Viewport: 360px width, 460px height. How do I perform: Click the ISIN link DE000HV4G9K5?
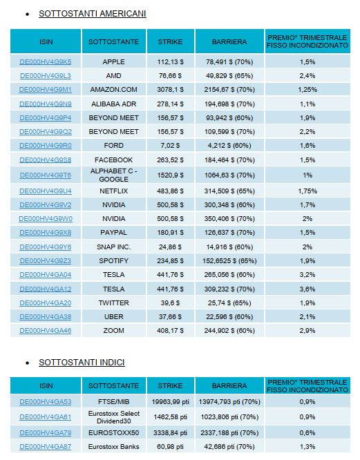pyautogui.click(x=46, y=62)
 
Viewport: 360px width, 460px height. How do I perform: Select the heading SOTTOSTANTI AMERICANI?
pyautogui.click(x=93, y=14)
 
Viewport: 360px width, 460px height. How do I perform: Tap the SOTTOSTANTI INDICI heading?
pyautogui.click(x=82, y=363)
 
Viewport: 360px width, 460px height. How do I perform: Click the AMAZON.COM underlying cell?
pyautogui.click(x=113, y=90)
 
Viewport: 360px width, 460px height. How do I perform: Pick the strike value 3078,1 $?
pyautogui.click(x=170, y=90)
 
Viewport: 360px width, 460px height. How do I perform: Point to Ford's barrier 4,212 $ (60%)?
pyautogui.click(x=229, y=146)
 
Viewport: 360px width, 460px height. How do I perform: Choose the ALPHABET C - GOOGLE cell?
pyautogui.click(x=113, y=175)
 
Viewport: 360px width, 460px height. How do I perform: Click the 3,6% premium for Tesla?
pyautogui.click(x=307, y=289)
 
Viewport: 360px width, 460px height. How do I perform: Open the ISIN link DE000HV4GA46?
pyautogui.click(x=46, y=331)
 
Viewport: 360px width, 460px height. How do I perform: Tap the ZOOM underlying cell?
pyautogui.click(x=113, y=331)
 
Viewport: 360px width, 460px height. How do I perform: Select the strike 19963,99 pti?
pyautogui.click(x=170, y=401)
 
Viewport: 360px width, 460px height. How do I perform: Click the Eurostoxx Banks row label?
pyautogui.click(x=113, y=447)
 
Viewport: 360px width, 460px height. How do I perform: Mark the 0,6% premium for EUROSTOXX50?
pyautogui.click(x=307, y=432)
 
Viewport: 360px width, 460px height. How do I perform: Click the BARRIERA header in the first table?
pyautogui.click(x=229, y=41)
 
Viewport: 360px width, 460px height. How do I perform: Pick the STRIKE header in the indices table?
pyautogui.click(x=170, y=386)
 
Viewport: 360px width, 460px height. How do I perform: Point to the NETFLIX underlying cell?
pyautogui.click(x=113, y=191)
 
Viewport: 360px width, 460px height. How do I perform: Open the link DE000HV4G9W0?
pyautogui.click(x=46, y=219)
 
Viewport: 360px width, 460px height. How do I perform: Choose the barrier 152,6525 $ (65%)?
pyautogui.click(x=229, y=261)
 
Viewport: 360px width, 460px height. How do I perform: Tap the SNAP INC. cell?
pyautogui.click(x=113, y=247)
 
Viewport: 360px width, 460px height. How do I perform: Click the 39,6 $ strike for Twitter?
pyautogui.click(x=170, y=303)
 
